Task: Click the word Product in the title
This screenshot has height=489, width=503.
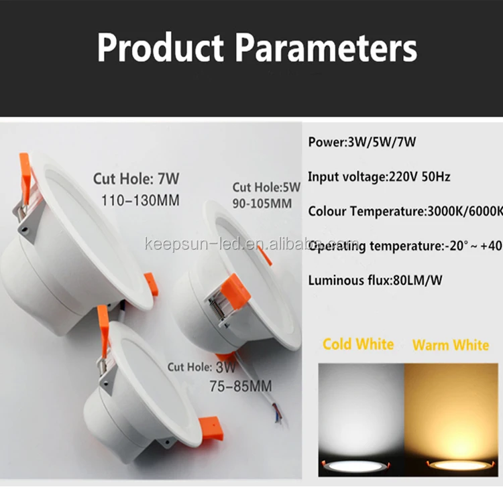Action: coord(159,48)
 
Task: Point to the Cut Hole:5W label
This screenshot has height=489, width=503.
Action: coord(266,187)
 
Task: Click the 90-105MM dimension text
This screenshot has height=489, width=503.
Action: coord(262,202)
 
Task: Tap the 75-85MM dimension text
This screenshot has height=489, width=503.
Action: coord(229,386)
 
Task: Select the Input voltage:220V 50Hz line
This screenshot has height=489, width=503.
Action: coord(379,177)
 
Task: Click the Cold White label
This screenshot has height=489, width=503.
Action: coord(358,344)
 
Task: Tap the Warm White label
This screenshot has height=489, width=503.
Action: coord(451,345)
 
